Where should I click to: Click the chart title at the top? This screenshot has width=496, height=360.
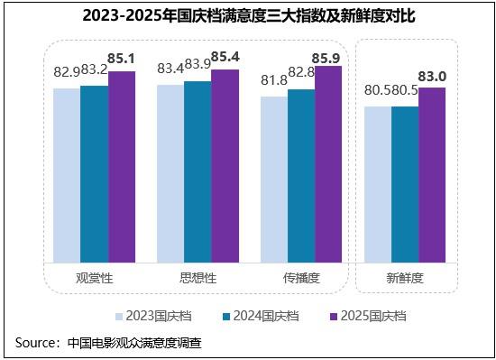point(249,15)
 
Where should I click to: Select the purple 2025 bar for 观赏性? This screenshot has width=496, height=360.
point(122,167)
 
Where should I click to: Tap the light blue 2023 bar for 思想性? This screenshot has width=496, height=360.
point(170,173)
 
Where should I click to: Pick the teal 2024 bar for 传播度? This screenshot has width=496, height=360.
point(301,176)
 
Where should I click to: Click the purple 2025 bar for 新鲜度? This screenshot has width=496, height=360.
point(432,175)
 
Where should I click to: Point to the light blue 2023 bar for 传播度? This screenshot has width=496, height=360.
point(274,180)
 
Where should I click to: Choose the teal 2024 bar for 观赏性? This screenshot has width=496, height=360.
point(95,174)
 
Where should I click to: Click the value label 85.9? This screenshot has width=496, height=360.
point(326,59)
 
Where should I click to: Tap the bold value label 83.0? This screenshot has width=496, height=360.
point(432,77)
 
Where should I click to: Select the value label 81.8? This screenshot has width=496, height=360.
point(274,80)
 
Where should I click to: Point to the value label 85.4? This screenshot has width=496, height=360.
point(225,57)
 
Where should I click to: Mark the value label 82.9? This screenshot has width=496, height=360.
point(67,72)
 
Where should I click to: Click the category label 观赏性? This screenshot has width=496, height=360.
point(95,278)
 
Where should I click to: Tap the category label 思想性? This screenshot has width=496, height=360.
point(198,278)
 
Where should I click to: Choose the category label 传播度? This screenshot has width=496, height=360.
point(301,278)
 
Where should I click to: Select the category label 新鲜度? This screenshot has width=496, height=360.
point(405,278)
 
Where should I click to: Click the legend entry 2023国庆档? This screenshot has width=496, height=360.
point(153,316)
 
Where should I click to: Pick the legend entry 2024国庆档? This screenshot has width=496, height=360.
point(261,316)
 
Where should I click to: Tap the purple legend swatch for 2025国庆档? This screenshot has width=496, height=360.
point(334,317)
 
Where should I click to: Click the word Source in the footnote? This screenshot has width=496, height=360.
point(35,343)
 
